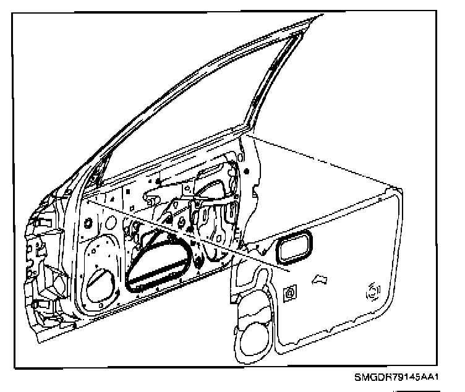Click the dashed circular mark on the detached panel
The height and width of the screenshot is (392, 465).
click(372, 291)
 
